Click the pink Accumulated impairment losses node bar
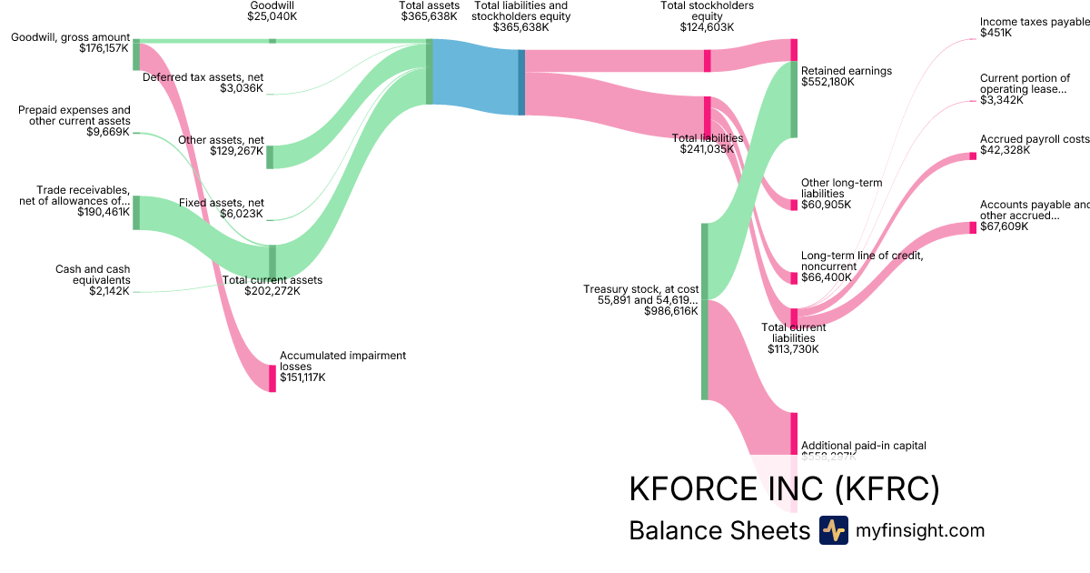click(x=272, y=377)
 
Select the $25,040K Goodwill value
click(x=272, y=16)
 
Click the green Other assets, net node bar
click(x=270, y=156)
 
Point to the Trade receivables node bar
click(x=136, y=212)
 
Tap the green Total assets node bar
click(x=430, y=72)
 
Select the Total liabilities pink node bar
click(x=707, y=117)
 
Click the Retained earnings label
click(x=847, y=71)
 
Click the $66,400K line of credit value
click(x=826, y=277)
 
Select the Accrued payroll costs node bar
click(x=973, y=156)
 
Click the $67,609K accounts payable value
click(x=1004, y=226)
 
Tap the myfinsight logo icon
click(x=833, y=530)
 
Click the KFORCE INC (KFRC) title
click(x=784, y=489)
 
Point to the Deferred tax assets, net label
click(x=203, y=77)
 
